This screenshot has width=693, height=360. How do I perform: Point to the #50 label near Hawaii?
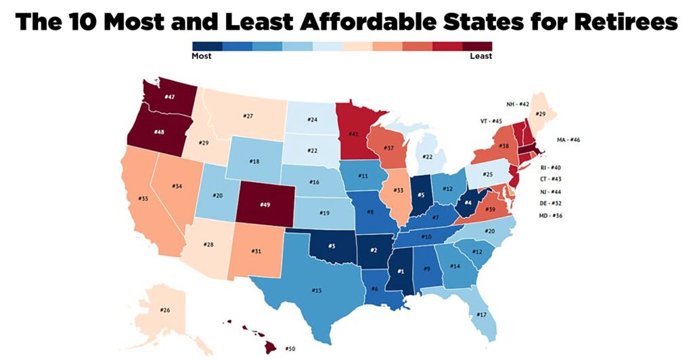(290, 348)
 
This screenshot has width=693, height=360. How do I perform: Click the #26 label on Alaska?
(164, 310)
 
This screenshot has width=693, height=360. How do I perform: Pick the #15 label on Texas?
(316, 290)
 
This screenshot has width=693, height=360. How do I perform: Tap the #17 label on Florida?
(481, 315)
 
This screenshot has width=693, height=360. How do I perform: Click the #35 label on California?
(143, 199)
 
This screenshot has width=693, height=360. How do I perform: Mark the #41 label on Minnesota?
(353, 134)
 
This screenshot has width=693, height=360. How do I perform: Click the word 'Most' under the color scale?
(202, 56)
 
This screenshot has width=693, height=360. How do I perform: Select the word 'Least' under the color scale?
(480, 56)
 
